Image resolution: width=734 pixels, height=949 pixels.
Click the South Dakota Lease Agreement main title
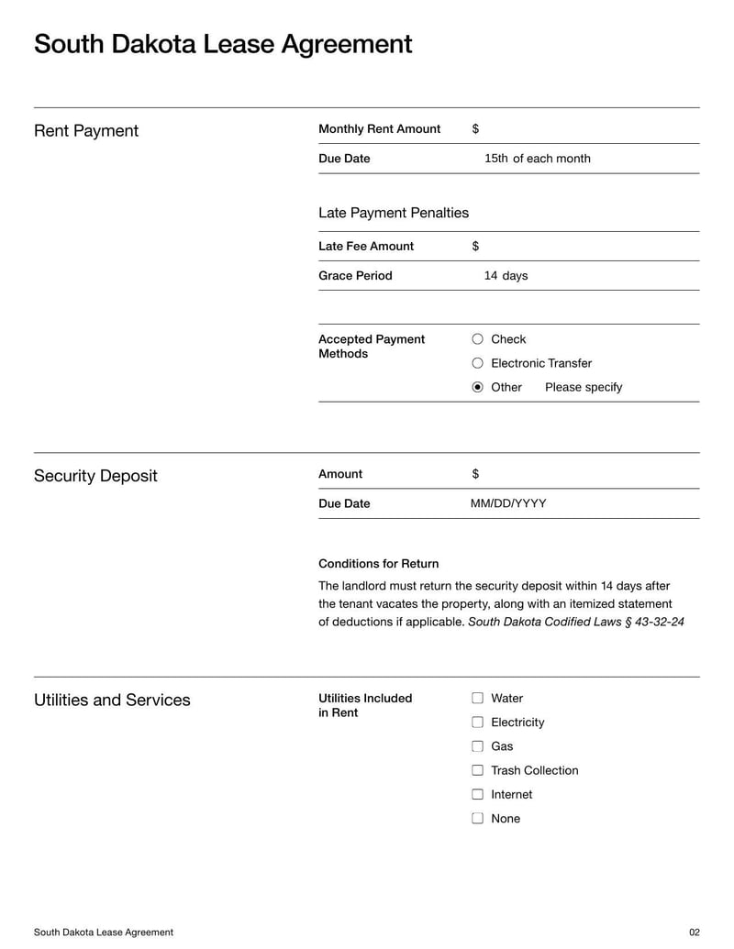point(223,44)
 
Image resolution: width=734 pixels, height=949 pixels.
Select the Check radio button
point(477,339)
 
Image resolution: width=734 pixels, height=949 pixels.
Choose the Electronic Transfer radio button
point(477,363)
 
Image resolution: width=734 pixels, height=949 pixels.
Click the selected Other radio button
point(477,387)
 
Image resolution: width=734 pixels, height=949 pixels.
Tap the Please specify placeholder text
point(583,387)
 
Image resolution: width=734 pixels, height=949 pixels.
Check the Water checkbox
point(477,699)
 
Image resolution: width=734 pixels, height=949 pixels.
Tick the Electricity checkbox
point(477,723)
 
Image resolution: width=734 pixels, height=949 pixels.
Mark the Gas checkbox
point(477,746)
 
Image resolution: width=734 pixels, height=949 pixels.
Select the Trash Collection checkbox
point(477,770)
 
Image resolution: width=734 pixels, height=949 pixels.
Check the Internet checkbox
point(477,794)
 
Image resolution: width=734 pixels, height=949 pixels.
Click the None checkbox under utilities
point(477,819)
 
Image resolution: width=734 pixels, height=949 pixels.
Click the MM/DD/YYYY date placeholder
point(507,503)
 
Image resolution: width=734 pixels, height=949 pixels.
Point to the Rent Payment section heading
point(86,131)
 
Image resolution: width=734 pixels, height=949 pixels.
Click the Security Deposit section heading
point(95,476)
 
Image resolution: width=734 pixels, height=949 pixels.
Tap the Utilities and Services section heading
point(112,700)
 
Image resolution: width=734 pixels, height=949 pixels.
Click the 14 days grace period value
point(506,276)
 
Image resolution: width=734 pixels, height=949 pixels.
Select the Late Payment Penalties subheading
point(393,213)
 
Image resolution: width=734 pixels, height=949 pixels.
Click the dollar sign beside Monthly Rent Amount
point(475,129)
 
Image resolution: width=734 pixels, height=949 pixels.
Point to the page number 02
point(694,932)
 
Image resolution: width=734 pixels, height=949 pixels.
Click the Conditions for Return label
point(378,564)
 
